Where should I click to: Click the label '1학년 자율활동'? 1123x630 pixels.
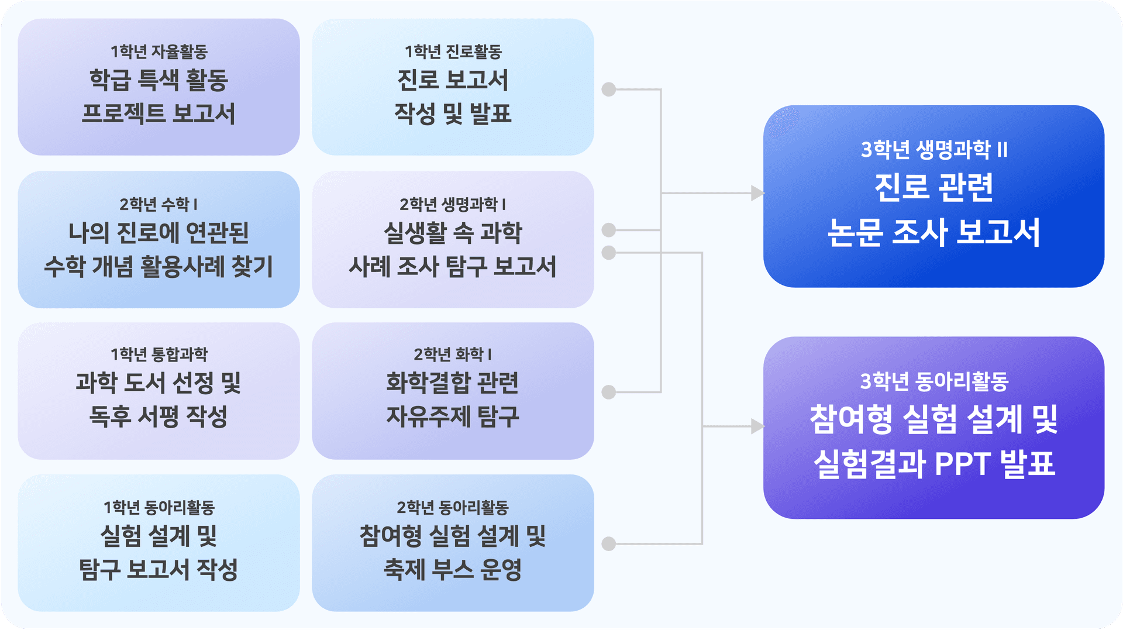(159, 51)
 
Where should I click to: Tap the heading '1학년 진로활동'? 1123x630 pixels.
(453, 51)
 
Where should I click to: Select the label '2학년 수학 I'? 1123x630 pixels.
(159, 204)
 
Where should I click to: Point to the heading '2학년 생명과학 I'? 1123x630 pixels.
(453, 204)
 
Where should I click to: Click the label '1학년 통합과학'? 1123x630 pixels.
(159, 354)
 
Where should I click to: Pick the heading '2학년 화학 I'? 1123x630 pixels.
(453, 354)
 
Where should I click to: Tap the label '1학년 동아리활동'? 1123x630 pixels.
(159, 507)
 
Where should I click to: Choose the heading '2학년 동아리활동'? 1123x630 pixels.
(453, 507)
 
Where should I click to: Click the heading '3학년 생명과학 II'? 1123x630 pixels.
(934, 150)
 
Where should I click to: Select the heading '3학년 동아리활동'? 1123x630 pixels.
(934, 381)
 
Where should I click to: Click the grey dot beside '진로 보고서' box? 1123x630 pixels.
(609, 89)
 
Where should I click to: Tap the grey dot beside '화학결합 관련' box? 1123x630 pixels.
(609, 392)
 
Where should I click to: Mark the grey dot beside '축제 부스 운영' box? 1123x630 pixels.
(609, 544)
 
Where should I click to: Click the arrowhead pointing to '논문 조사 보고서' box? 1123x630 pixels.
(757, 193)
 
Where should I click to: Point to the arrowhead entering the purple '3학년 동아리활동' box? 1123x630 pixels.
(757, 426)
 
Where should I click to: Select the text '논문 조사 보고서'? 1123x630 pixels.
(934, 232)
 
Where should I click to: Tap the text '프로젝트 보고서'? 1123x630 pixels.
(159, 113)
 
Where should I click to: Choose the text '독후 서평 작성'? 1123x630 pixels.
(159, 416)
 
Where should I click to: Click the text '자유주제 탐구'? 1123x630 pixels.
(453, 416)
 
